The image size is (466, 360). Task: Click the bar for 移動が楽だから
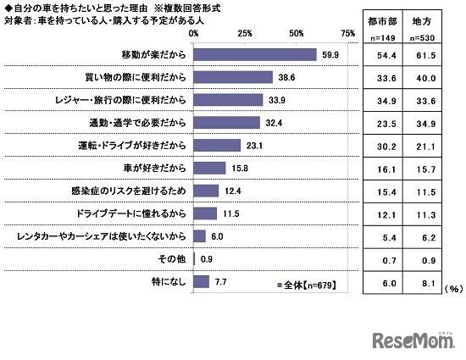coord(255,54)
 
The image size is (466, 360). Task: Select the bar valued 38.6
coord(233,77)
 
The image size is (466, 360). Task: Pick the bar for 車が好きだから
coord(209,168)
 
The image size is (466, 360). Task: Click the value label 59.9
coord(329,54)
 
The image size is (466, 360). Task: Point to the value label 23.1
coord(253,145)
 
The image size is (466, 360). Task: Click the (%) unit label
coord(453,288)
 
